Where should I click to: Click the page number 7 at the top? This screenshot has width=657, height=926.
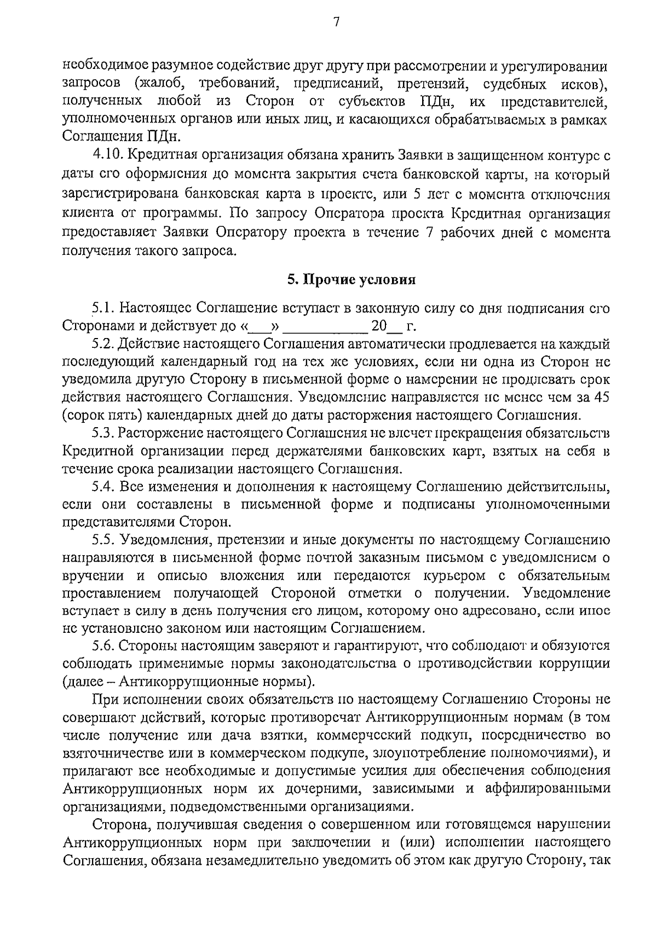click(x=336, y=22)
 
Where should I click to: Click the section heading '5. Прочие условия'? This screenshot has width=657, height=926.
click(x=351, y=280)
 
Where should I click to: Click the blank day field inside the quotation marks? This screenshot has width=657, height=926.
click(x=260, y=327)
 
